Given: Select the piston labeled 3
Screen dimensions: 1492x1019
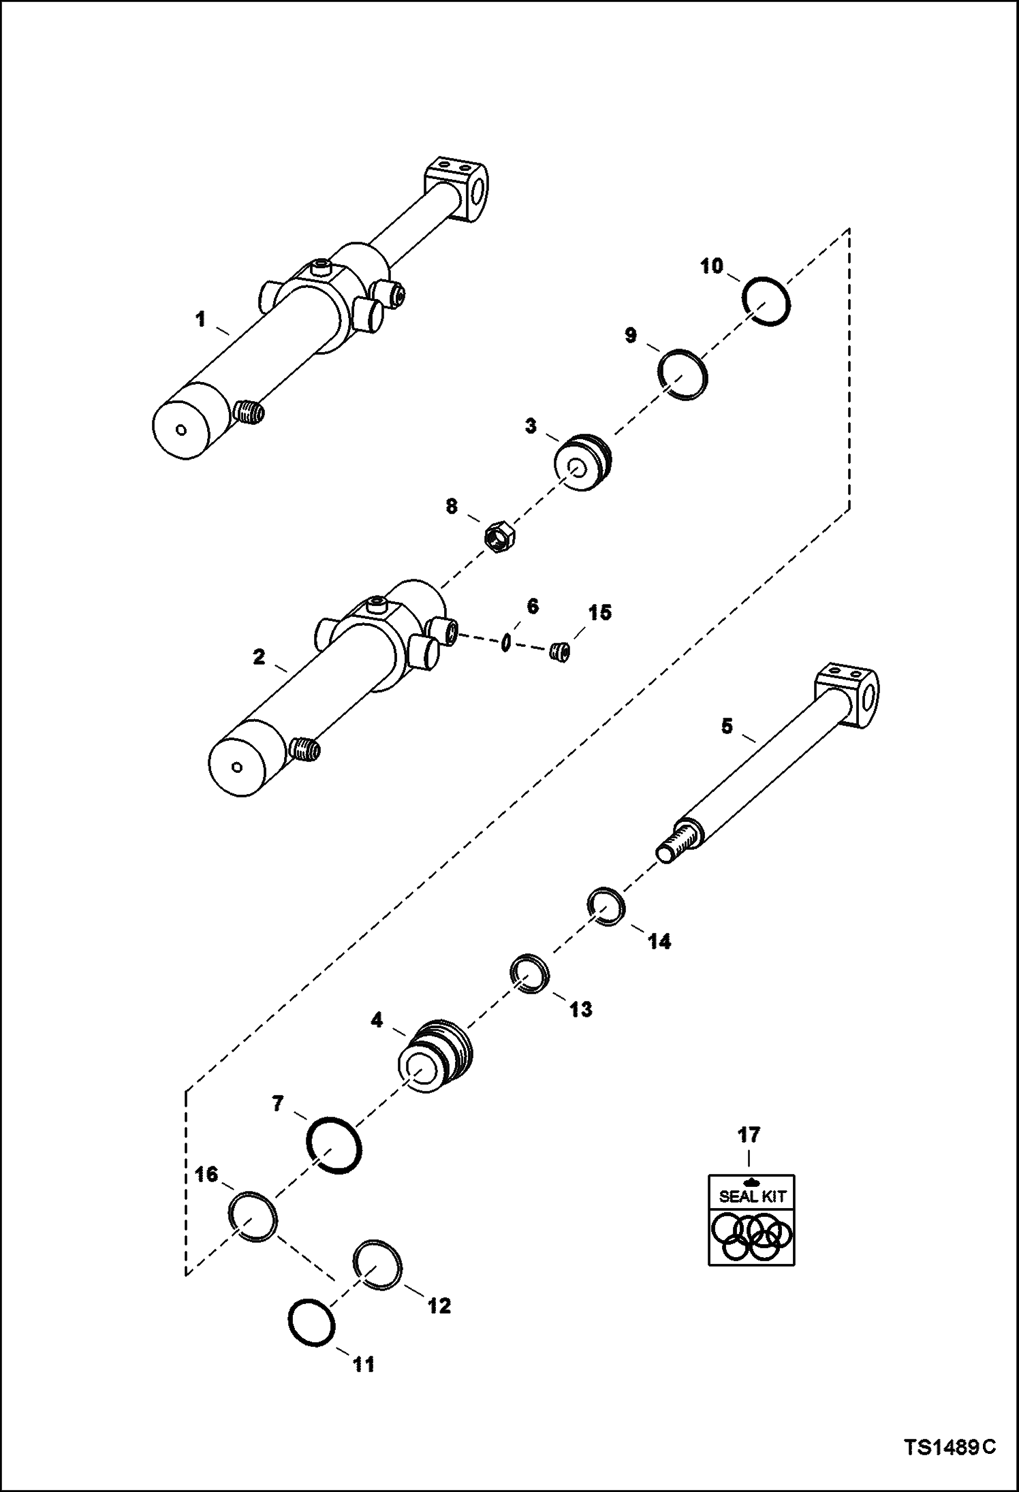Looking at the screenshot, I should pos(581,462).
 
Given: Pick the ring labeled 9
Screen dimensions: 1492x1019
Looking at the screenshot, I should pos(683,374).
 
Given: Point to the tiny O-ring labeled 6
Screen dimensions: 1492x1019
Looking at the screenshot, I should pos(505,642).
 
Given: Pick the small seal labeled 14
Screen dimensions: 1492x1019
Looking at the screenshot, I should pos(606,906).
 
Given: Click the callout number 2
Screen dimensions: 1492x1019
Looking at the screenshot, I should pos(259,657).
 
